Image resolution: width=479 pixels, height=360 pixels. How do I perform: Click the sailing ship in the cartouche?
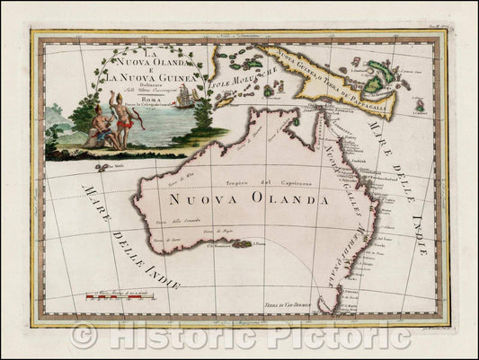tap(184, 96)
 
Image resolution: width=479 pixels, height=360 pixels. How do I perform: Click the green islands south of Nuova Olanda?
tap(241, 242)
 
